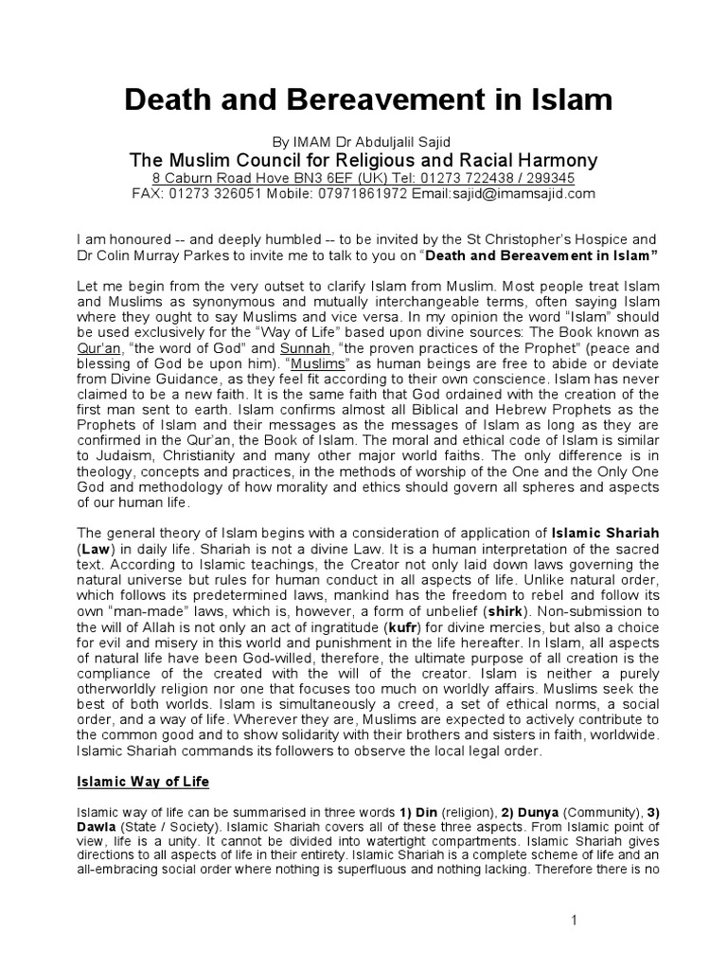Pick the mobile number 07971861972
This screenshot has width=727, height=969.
(x=364, y=193)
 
